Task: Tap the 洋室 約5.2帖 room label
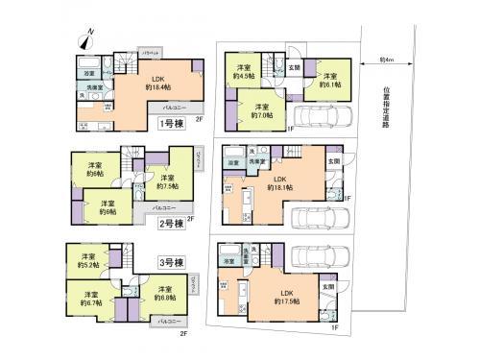point(88,261)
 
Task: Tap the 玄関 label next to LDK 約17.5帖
point(327,286)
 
